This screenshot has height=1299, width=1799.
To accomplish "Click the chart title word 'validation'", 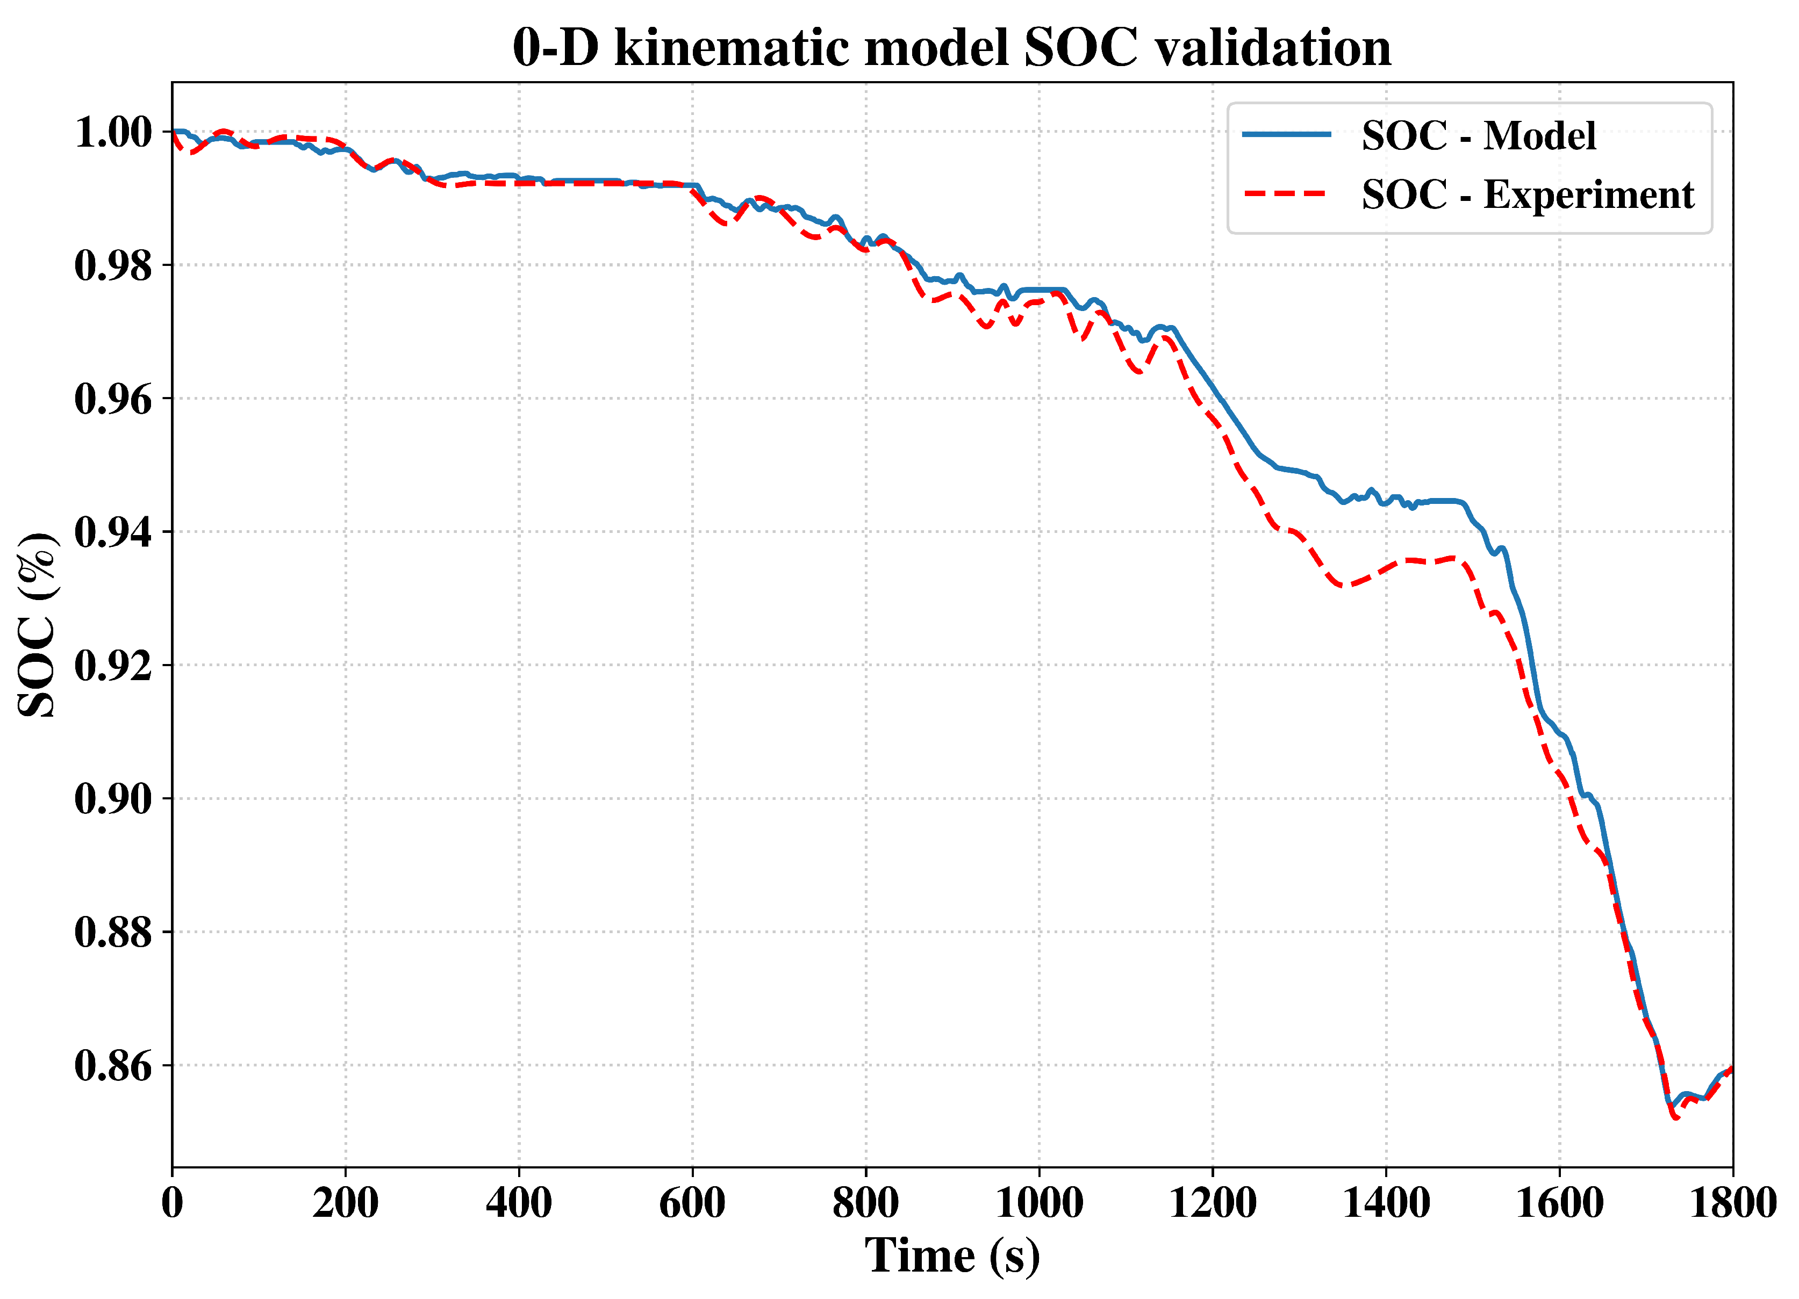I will click(1273, 48).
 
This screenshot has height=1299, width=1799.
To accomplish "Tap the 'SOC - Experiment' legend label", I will click(1528, 194).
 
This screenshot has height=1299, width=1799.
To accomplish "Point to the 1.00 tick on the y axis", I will click(113, 133).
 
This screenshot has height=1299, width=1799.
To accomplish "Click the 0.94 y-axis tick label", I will click(113, 532).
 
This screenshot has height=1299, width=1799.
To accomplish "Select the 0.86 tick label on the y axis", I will click(113, 1066).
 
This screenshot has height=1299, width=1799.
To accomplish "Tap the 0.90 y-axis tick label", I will click(113, 799).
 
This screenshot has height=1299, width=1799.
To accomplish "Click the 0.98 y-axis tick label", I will click(113, 266).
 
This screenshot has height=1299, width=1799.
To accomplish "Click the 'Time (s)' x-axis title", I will click(952, 1256).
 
